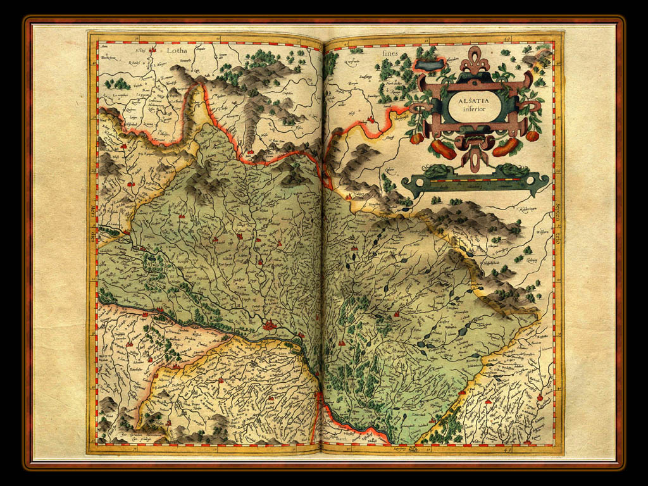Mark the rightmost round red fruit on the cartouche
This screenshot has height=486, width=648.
click(x=532, y=135)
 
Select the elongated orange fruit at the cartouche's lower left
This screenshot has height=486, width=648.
click(x=443, y=150)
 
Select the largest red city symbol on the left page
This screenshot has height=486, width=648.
click(x=270, y=325)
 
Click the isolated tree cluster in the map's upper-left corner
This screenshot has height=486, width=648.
click(x=118, y=83)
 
